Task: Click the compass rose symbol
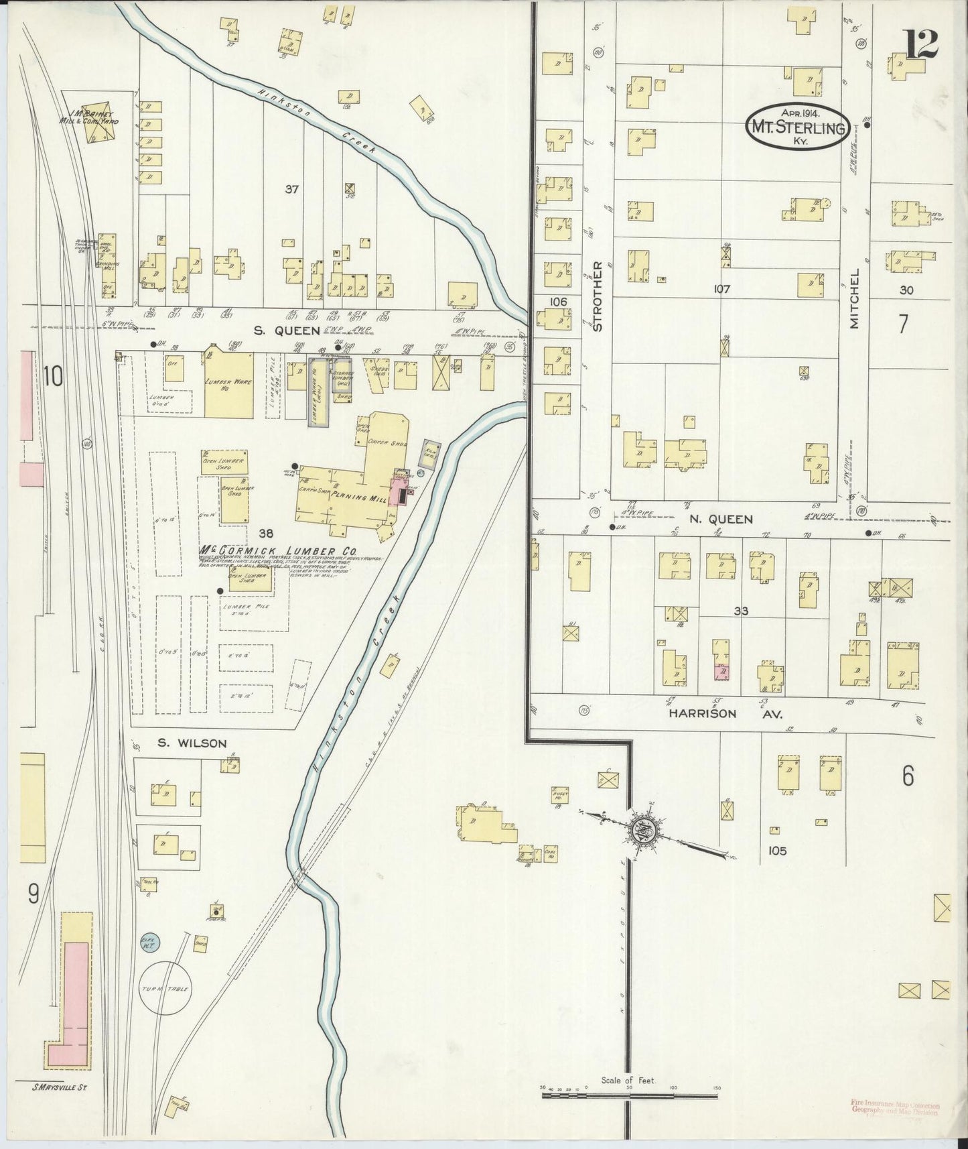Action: pos(642,832)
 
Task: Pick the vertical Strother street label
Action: pos(598,296)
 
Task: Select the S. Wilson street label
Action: pos(192,743)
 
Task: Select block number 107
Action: pos(721,290)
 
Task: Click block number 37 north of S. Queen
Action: pos(291,190)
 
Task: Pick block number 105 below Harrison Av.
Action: pos(777,851)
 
